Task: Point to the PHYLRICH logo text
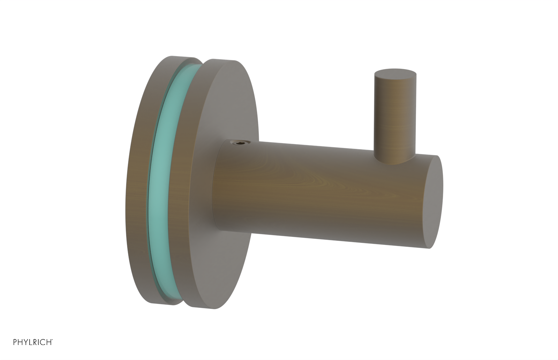(33, 342)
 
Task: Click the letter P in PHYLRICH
(15, 342)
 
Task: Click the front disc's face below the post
(227, 265)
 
